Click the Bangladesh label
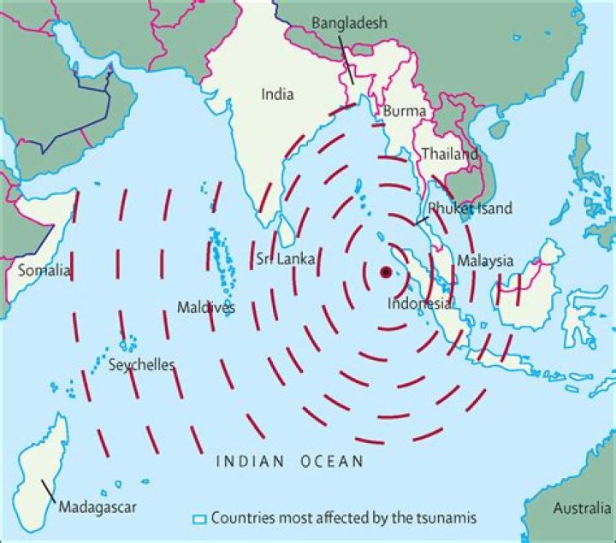coord(349,23)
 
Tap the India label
coord(277,95)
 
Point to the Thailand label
coord(448,155)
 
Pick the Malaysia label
coord(485,261)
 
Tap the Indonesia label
coord(419,304)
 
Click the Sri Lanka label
coord(286,258)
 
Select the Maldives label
coord(205,307)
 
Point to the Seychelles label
coord(142,365)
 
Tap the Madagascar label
coord(98,507)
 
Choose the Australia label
coord(582,508)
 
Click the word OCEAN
coord(332,462)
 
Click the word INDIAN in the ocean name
coord(248,462)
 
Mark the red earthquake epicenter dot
coord(386,272)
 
